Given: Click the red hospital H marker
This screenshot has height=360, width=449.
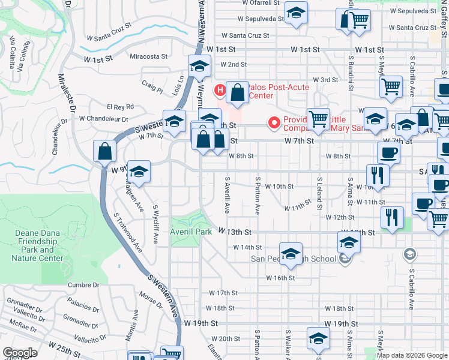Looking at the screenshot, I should tap(220, 91).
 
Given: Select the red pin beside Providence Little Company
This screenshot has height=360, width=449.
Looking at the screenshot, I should tap(275, 123).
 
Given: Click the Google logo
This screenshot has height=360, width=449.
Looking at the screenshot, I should tap(20, 353).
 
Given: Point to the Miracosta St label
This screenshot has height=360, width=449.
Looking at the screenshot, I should tap(148, 56).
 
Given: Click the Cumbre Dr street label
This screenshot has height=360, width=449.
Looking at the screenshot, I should tap(83, 285).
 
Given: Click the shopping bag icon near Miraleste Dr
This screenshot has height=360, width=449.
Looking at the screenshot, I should tap(105, 152).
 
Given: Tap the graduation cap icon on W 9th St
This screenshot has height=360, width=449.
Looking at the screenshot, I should tap(139, 172).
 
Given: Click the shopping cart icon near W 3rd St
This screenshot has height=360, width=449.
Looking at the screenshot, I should tap(391, 86).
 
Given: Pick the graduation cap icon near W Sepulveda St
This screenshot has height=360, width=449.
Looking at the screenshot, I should tap(295, 13).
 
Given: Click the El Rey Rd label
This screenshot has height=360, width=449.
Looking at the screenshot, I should tap(120, 107).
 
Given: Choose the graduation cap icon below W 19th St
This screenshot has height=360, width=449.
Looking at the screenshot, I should tap(318, 338).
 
